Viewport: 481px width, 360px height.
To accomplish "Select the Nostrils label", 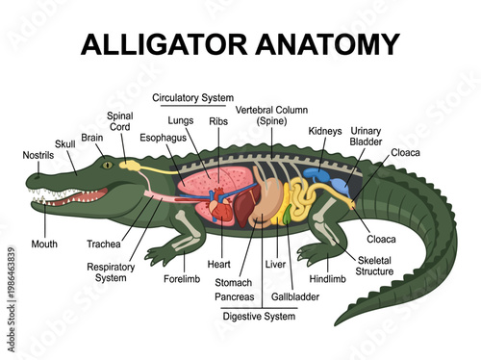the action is click(x=38, y=155).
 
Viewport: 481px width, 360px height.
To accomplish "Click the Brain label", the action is click(x=92, y=138).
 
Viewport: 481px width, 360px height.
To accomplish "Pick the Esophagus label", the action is click(x=162, y=138).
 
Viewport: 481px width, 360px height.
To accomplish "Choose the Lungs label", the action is click(x=181, y=121).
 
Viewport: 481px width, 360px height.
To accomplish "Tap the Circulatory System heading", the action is click(x=194, y=97).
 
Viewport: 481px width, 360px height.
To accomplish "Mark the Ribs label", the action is click(x=218, y=122).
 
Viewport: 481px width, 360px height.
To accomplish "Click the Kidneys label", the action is click(x=325, y=131).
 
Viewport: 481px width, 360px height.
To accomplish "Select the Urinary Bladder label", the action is click(x=367, y=136).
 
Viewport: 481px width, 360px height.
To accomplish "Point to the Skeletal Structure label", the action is click(x=375, y=266).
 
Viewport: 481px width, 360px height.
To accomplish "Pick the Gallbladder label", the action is click(x=294, y=296).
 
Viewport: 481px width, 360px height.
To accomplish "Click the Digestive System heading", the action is click(x=258, y=316).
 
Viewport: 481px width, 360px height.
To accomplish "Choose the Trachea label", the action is click(x=103, y=244).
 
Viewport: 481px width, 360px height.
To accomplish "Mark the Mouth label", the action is click(x=44, y=244).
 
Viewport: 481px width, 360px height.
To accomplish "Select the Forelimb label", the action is click(x=182, y=282).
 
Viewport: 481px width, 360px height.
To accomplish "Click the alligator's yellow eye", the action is click(x=108, y=166).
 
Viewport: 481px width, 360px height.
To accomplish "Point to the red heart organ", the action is click(x=219, y=208).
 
